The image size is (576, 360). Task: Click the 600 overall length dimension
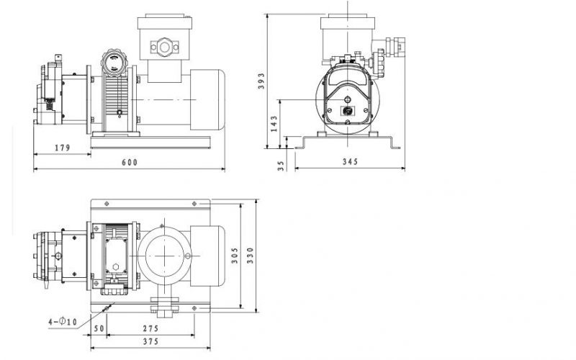coord(128,162)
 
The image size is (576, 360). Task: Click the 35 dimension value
coord(282,164)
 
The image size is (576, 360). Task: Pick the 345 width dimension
coord(350,162)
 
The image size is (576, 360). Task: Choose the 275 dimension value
coord(150,329)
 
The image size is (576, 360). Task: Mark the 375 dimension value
coord(150,342)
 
